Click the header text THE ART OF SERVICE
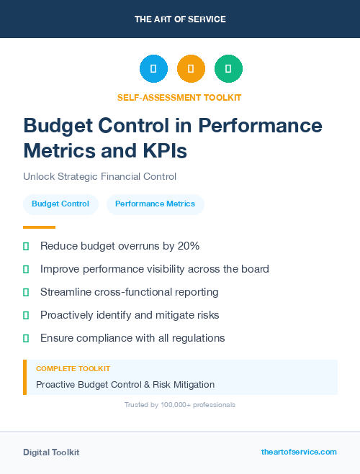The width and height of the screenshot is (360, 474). (x=180, y=19)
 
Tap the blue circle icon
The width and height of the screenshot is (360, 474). (x=153, y=69)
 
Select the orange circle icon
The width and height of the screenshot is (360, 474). (x=191, y=69)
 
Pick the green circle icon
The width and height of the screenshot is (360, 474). (x=228, y=69)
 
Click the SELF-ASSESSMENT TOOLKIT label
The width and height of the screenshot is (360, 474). (x=179, y=97)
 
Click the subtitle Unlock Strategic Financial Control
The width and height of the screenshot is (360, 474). (x=99, y=176)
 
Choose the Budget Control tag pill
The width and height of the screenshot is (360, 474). (x=60, y=204)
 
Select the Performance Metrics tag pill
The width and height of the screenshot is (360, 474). (x=155, y=204)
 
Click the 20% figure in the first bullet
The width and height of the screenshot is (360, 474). (x=187, y=246)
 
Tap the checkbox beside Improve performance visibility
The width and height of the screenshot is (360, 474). (x=26, y=269)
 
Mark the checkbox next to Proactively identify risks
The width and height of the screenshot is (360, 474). (x=26, y=315)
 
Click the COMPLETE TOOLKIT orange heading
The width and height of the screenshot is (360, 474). (x=73, y=368)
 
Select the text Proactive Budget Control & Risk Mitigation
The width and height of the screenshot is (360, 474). (x=125, y=384)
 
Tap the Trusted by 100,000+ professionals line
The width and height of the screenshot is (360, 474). (x=179, y=405)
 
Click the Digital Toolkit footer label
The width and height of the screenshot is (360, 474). (x=51, y=452)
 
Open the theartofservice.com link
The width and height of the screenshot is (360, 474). (x=299, y=452)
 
